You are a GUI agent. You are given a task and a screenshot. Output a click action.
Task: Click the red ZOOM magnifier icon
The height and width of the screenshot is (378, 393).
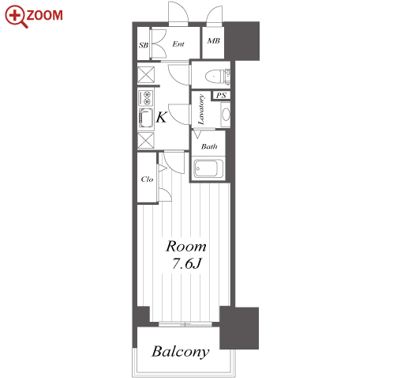point(17,16)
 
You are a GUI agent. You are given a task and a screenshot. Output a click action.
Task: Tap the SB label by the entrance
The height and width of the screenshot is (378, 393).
point(144,45)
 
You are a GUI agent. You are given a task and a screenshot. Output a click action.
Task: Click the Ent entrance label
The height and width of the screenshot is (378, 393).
point(178,43)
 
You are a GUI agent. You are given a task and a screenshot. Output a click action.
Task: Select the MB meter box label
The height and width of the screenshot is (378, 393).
point(213,41)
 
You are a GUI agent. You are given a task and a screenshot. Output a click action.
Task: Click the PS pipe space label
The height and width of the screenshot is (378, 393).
point(221,95)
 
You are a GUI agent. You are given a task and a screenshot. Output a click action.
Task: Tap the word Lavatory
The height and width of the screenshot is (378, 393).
point(201,109)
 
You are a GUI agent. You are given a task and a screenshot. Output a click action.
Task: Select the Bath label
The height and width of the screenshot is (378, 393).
point(209,146)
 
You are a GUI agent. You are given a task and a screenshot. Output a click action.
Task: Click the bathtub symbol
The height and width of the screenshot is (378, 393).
point(208,168)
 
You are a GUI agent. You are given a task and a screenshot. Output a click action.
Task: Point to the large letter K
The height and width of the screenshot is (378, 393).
point(161,117)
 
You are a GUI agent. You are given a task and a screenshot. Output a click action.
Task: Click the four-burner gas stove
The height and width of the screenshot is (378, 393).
point(145,97)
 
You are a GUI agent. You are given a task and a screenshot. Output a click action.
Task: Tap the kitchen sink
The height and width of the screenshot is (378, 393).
point(146,118)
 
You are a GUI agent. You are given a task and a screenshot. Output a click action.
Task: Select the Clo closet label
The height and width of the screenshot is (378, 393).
point(147,180)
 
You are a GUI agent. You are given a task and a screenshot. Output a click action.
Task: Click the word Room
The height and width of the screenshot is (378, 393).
point(186,247)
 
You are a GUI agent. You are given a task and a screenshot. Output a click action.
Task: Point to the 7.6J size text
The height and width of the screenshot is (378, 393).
point(186,263)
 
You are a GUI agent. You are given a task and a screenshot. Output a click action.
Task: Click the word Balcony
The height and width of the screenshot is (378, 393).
point(181,352)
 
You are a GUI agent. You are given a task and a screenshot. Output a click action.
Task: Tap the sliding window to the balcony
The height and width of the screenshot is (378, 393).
point(185,324)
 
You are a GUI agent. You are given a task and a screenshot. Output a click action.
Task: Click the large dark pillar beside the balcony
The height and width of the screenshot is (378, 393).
point(239,328)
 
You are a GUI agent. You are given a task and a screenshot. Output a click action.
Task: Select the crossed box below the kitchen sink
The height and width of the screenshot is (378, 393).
point(146,141)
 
